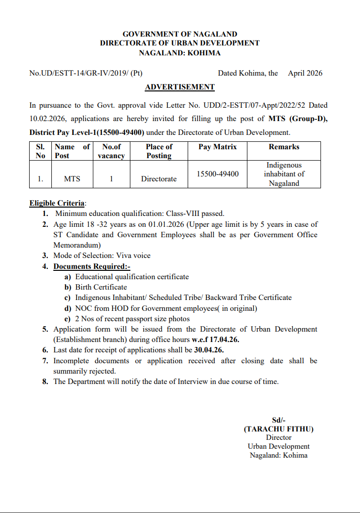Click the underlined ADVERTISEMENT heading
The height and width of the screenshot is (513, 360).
tap(180, 87)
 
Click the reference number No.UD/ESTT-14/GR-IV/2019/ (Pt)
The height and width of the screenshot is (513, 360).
tap(86, 73)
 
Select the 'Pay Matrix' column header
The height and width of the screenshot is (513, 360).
tap(217, 147)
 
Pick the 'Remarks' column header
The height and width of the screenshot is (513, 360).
tap(284, 147)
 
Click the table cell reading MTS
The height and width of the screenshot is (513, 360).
tap(72, 179)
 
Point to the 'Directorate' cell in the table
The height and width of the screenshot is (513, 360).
tap(159, 179)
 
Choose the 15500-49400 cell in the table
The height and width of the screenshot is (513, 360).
tap(217, 174)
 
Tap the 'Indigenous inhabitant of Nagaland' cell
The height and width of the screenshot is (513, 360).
tap(284, 174)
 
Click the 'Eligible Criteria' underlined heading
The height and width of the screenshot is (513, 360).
tap(57, 203)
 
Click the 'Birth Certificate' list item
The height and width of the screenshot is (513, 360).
tap(101, 287)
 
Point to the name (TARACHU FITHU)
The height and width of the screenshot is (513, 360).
tap(279, 429)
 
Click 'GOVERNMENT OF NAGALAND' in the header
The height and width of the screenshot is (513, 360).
tap(180, 34)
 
